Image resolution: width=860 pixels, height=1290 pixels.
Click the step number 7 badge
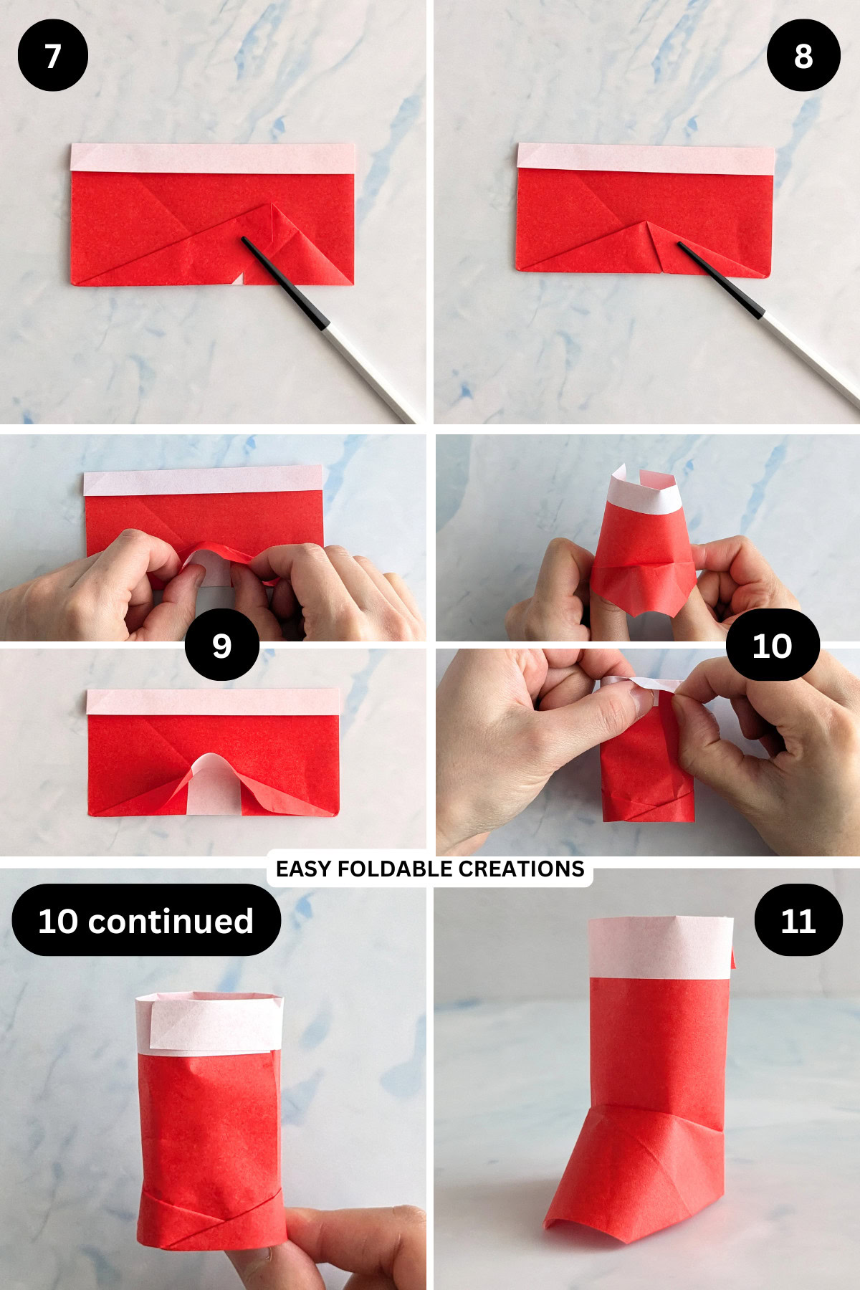[x=52, y=55]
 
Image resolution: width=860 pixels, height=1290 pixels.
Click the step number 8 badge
[x=803, y=55]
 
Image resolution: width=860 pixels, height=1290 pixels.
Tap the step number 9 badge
[x=221, y=645]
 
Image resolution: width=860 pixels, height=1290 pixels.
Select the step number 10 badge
[x=772, y=645]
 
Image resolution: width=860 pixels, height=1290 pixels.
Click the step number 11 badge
[x=798, y=920]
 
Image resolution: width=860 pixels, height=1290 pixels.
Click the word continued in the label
[x=171, y=921]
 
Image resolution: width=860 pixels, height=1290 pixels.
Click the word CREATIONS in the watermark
[x=521, y=869]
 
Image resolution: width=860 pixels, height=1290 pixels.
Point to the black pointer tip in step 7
[x=246, y=240]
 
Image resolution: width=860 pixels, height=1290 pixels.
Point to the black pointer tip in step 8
[x=681, y=246]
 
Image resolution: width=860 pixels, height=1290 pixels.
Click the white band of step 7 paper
[x=213, y=158]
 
